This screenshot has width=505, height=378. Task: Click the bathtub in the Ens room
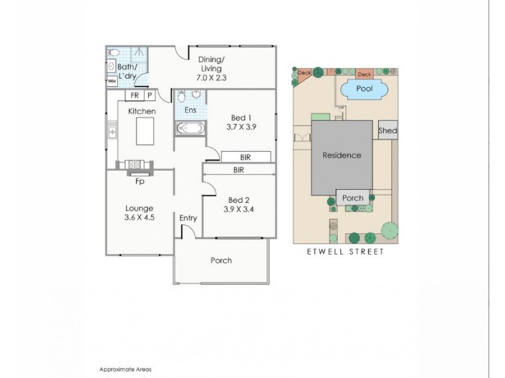(191, 129)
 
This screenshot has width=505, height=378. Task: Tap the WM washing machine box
(112, 81)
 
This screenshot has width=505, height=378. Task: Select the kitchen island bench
(145, 131)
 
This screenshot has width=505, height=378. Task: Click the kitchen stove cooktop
(134, 164)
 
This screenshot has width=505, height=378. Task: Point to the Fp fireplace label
(140, 181)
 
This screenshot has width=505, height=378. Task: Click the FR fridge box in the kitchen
(134, 95)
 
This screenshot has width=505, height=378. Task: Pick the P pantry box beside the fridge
(150, 95)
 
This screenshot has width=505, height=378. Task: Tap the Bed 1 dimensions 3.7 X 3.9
(241, 127)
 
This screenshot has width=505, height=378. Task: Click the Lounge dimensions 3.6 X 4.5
(140, 217)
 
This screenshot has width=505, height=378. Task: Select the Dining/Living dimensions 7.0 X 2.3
(211, 77)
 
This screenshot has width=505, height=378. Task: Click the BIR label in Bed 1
(246, 157)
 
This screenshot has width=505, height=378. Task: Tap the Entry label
(188, 218)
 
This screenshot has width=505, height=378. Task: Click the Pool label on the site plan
(365, 88)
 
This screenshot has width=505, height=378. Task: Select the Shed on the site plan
(388, 130)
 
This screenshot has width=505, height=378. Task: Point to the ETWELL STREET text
(345, 251)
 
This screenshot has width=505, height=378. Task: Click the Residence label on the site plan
(342, 156)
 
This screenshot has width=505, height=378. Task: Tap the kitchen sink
(112, 130)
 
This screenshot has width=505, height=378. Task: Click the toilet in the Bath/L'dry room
(113, 52)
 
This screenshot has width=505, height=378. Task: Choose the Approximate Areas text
(125, 370)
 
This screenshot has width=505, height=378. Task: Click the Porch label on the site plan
(353, 198)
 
